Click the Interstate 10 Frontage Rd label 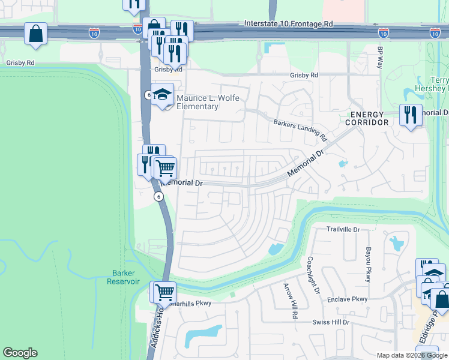[288, 24]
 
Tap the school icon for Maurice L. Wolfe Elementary [162, 94]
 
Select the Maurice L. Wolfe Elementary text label [197, 101]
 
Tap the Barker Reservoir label [125, 277]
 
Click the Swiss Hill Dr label [330, 322]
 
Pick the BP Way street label [379, 58]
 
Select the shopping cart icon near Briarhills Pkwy [164, 292]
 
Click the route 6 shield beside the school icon [148, 95]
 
